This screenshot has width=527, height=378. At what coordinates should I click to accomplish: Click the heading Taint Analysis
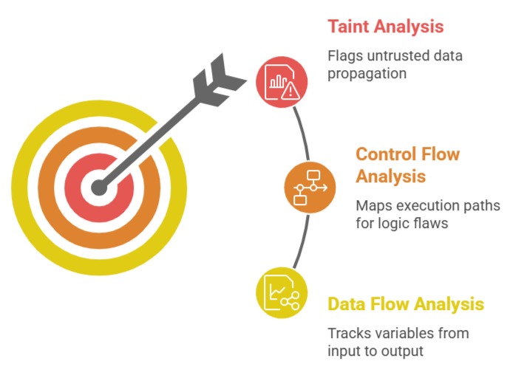tap(385, 27)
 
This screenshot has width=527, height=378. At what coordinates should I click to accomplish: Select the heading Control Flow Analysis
tap(407, 165)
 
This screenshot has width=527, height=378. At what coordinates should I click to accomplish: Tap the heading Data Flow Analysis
tap(406, 304)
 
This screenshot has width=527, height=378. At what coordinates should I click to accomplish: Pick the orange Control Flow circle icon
tap(310, 188)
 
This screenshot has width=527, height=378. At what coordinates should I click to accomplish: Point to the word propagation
tap(366, 74)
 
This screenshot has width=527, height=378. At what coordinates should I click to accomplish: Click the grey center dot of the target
tap(99, 188)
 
